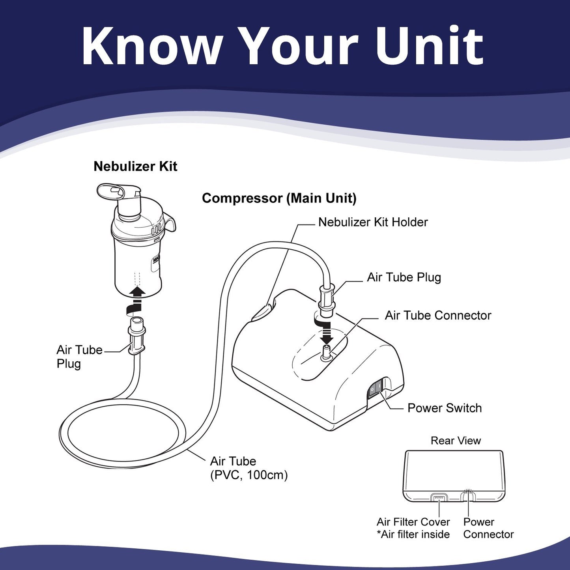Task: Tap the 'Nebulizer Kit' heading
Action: (x=135, y=166)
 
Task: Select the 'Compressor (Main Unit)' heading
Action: (x=279, y=198)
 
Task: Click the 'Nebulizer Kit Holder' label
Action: (x=373, y=222)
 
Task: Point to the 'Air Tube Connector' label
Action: (x=438, y=315)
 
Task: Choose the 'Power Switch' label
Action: (x=445, y=408)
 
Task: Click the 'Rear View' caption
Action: (x=456, y=441)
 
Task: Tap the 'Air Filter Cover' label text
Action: (x=413, y=522)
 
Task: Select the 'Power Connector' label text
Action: (x=488, y=528)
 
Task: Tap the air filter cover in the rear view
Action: (x=439, y=497)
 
